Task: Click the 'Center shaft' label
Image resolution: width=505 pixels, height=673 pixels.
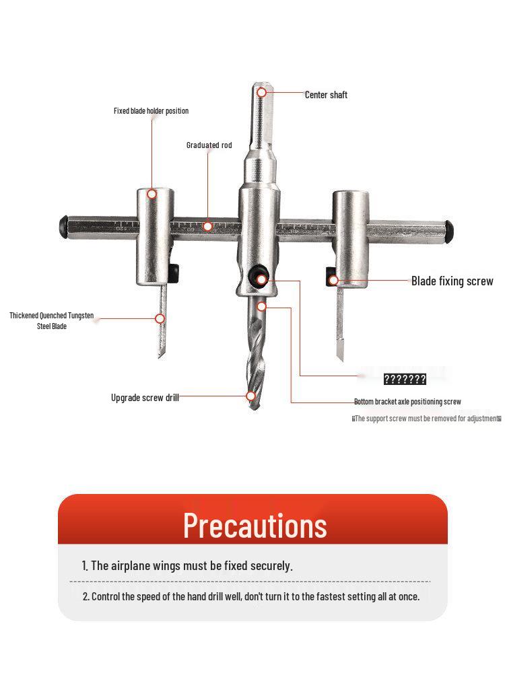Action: click(x=326, y=95)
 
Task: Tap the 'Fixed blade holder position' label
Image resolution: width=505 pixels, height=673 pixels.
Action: click(x=151, y=111)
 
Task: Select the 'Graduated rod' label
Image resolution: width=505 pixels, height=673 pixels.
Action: click(x=209, y=145)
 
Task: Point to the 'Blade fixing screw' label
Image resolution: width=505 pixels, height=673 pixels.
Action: click(x=452, y=281)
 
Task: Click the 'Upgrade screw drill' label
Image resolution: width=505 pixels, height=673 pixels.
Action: click(x=145, y=398)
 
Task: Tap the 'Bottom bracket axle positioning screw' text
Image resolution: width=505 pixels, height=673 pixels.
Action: click(x=407, y=402)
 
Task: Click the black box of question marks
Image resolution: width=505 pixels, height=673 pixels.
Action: click(x=405, y=380)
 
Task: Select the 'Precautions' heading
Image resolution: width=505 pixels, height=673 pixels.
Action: click(x=255, y=525)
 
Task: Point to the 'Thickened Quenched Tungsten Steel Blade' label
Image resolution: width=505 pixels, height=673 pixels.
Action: click(x=52, y=321)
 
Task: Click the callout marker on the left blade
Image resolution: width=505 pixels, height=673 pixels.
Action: click(x=160, y=318)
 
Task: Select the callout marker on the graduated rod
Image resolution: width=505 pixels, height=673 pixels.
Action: click(x=208, y=227)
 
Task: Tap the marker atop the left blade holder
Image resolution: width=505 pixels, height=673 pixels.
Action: click(x=152, y=194)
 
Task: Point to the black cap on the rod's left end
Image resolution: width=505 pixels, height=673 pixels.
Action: click(x=63, y=225)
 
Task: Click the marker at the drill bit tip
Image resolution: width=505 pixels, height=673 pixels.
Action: click(x=251, y=396)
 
